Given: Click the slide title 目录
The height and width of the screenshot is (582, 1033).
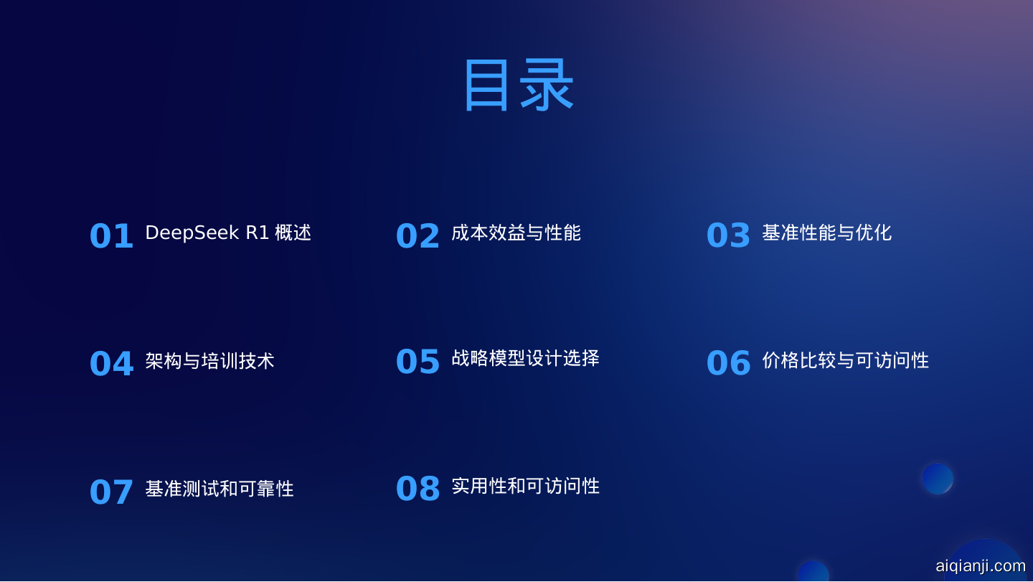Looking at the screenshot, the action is tap(519, 85).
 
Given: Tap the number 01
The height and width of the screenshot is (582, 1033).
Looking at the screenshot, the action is tap(111, 236).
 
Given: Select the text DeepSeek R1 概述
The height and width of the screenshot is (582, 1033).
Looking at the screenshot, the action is tap(228, 233).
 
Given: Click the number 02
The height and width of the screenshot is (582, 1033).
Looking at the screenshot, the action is tap(418, 236).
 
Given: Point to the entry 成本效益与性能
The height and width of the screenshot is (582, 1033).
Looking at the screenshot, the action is tap(516, 233).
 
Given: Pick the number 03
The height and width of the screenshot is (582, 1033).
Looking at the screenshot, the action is tap(728, 235).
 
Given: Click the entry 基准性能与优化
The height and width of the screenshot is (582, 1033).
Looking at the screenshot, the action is tap(827, 233).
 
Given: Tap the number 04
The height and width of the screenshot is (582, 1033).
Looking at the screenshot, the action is tap(112, 363).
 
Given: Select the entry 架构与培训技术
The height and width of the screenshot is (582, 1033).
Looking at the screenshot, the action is tap(209, 361).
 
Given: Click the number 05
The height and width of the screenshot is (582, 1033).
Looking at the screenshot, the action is tap(418, 361).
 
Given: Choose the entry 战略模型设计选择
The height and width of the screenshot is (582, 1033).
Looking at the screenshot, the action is tap(525, 358).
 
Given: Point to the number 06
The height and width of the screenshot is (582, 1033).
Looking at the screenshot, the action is tap(729, 363).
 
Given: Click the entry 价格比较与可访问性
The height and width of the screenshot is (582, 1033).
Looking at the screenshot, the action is tap(845, 360).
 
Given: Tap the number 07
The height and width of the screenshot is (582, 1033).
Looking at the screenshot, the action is tap(111, 492).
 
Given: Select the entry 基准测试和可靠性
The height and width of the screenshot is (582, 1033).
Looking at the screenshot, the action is tap(220, 489).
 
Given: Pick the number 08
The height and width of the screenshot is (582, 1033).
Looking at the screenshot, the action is tap(418, 489).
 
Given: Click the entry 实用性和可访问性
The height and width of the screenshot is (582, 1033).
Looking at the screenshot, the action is tap(525, 486).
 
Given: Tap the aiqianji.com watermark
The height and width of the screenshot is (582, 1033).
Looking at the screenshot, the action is tap(981, 566).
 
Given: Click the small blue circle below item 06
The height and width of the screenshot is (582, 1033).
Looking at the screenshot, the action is tap(938, 479).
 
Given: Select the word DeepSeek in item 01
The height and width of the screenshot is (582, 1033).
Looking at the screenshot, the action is tap(192, 233).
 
